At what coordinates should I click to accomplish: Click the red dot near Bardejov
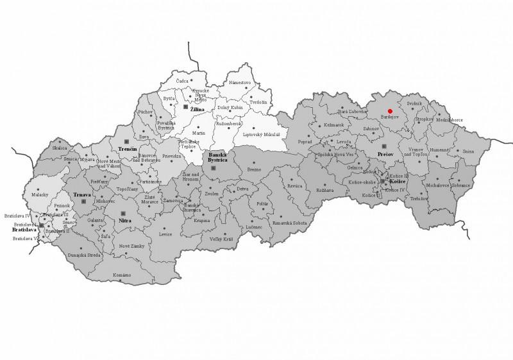(x=390, y=111)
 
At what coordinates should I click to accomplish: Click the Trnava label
(x=81, y=194)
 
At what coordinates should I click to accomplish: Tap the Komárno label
(x=122, y=275)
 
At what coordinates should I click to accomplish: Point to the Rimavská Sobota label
(x=290, y=223)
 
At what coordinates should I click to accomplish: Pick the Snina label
(x=468, y=151)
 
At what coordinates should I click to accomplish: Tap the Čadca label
(x=183, y=81)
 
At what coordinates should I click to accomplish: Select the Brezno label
(x=254, y=169)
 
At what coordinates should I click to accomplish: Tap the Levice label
(x=166, y=234)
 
